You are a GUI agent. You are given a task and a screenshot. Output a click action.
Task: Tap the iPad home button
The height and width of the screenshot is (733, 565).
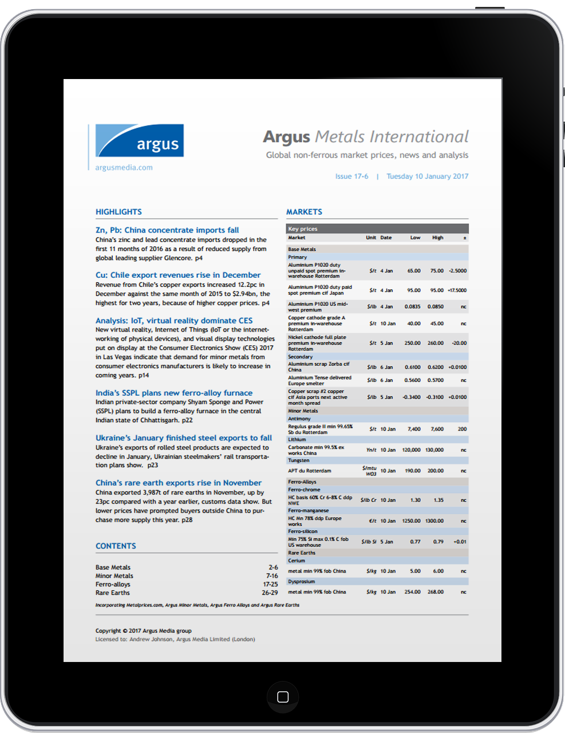(283, 697)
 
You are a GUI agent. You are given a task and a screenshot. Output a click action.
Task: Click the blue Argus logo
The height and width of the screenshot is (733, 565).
(140, 141)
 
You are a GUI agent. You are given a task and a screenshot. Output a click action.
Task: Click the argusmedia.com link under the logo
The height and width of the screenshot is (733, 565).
(124, 168)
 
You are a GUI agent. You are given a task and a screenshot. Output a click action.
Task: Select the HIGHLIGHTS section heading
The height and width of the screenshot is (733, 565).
(118, 212)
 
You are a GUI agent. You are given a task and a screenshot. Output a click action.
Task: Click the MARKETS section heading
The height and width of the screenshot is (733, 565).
(304, 212)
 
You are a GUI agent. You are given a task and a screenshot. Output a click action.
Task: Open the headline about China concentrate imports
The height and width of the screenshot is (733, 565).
(167, 230)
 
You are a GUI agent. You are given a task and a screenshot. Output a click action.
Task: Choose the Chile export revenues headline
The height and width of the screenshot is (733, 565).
(178, 275)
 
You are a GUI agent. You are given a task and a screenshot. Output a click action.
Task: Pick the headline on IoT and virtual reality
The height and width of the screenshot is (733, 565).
(174, 321)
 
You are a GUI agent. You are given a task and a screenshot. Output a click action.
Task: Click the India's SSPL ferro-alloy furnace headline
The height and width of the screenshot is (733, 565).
(174, 393)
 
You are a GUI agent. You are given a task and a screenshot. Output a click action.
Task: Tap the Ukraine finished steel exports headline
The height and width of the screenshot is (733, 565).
(184, 438)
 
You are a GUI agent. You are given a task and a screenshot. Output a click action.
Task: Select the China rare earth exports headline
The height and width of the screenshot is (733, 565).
(179, 483)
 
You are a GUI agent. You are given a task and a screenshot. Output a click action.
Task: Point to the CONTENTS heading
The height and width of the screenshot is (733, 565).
(116, 546)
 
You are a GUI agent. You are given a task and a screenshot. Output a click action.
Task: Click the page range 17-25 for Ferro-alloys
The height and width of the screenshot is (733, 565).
(270, 585)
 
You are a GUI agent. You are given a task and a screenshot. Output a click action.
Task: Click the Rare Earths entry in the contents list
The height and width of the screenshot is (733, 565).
(113, 593)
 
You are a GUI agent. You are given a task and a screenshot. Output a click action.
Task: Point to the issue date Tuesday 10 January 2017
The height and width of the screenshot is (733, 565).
(427, 176)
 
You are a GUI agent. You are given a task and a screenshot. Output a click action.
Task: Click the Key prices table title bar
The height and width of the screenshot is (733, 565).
(377, 229)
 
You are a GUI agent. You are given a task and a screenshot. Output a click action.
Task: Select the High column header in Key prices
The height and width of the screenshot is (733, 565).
(437, 238)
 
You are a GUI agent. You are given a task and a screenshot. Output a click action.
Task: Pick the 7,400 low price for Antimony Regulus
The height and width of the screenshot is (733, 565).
(413, 429)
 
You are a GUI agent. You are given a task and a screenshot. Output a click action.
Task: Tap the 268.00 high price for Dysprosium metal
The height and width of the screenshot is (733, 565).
(435, 592)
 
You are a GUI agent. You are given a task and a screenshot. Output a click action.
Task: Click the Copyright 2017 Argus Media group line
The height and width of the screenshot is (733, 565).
(144, 631)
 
